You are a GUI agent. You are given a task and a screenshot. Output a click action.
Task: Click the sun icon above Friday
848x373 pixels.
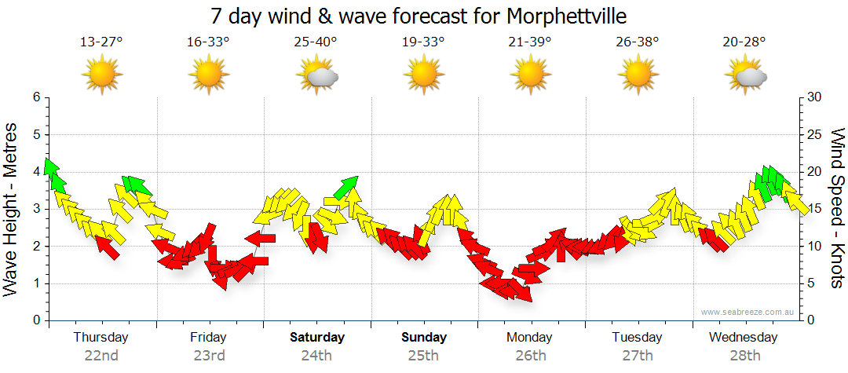click(x=209, y=75)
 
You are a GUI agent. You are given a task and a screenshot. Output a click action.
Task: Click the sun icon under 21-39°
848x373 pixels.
click(x=531, y=75)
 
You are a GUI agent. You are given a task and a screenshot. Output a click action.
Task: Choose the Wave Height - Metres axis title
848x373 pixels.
click(x=12, y=209)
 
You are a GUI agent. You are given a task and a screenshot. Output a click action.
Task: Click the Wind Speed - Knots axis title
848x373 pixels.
click(x=836, y=209)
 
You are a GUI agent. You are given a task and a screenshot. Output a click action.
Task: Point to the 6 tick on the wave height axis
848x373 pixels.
click(x=35, y=97)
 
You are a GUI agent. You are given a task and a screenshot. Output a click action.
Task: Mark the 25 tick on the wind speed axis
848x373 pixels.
click(x=815, y=134)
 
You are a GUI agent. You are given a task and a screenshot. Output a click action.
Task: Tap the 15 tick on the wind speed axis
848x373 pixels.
click(x=815, y=209)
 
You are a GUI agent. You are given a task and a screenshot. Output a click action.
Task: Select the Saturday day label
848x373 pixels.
click(x=317, y=338)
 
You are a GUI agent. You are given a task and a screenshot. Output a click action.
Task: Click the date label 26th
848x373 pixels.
click(x=531, y=355)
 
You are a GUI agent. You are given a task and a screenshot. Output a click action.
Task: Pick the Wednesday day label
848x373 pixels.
click(x=744, y=338)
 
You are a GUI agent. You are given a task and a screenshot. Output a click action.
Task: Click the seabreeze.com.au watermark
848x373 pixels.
click(x=748, y=313)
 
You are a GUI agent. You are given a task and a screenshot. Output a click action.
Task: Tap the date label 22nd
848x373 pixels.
click(x=101, y=355)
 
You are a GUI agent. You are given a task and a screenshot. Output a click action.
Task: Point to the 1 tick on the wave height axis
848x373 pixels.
click(x=35, y=283)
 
